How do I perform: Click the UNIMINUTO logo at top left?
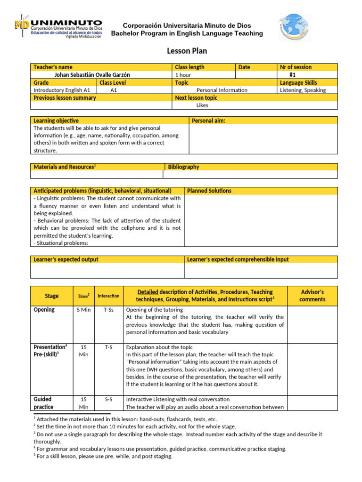[x=58, y=28]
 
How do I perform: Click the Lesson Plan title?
[x=187, y=51]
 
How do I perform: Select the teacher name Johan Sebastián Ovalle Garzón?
[x=92, y=75]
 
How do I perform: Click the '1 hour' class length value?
[x=183, y=75]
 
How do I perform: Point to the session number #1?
[x=292, y=75]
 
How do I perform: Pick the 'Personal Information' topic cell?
[x=222, y=90]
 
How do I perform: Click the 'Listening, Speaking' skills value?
[x=303, y=90]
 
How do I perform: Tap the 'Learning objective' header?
[x=56, y=121]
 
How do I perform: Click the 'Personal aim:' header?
[x=208, y=121]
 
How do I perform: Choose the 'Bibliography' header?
[x=183, y=167]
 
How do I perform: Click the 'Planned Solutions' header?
[x=209, y=191]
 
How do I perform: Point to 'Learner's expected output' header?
[x=66, y=260]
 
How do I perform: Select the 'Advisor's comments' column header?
[x=312, y=296]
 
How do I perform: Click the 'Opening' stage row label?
[x=44, y=310]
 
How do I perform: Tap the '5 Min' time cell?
[x=83, y=310]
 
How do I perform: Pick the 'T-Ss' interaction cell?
[x=108, y=310]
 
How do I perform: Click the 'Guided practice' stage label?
[x=43, y=403]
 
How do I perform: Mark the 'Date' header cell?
[x=244, y=67]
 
